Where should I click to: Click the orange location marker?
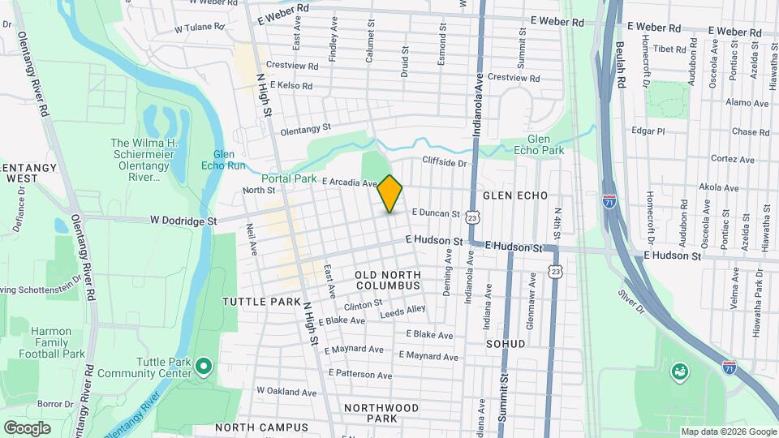[390, 194]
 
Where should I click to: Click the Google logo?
[27, 428]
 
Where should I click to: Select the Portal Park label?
[289, 178]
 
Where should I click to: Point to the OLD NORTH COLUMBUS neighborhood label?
[387, 281]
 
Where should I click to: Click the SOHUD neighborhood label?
[506, 344]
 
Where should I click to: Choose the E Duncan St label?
[436, 213]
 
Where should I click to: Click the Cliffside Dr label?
[445, 163]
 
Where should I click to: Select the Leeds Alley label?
[402, 310]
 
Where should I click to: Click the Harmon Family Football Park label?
[58, 342]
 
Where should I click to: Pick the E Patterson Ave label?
[360, 375]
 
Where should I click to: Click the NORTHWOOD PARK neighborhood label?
[381, 413]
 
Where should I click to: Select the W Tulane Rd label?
[199, 27]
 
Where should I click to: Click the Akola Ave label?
[718, 187]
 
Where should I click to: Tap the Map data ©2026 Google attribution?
[728, 432]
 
